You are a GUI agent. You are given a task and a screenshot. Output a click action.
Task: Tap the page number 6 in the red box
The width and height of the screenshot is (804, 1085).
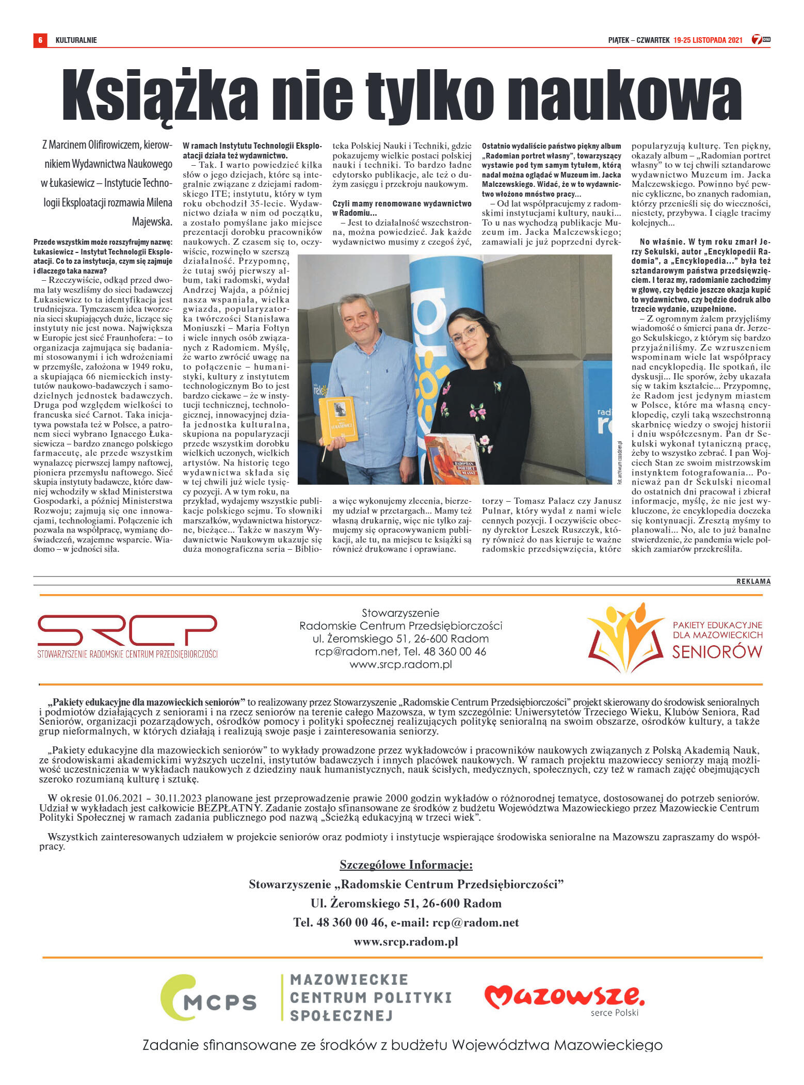40,40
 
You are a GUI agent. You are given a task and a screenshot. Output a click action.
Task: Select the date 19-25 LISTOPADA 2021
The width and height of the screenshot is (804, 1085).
707,40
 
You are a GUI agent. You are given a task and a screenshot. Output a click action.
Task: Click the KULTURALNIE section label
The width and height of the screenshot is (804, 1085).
76,40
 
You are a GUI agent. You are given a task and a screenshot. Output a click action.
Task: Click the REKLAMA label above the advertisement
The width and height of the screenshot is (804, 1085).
753,581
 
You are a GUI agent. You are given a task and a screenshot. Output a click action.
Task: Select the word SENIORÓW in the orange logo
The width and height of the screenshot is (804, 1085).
717,652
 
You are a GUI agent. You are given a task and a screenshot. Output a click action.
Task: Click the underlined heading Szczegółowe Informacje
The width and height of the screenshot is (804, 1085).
406,865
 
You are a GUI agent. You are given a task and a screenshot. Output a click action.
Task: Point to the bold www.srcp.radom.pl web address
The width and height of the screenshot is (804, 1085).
406,942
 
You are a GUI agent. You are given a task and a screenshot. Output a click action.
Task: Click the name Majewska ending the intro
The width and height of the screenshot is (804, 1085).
152,221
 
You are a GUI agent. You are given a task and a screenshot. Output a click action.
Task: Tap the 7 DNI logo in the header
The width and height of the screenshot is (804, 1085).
761,40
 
